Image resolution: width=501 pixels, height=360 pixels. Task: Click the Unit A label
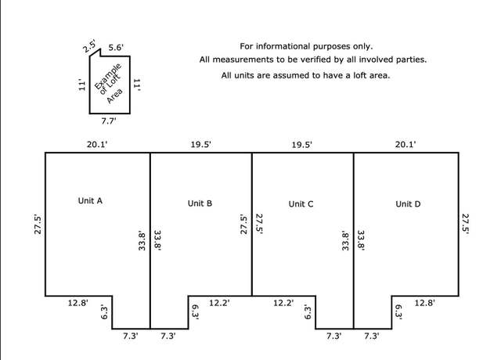click(90, 200)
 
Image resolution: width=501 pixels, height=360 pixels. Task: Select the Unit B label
click(200, 203)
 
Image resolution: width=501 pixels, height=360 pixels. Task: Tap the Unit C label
click(301, 204)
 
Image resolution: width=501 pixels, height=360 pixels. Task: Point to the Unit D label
click(408, 204)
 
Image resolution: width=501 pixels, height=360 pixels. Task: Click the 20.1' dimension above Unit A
click(97, 144)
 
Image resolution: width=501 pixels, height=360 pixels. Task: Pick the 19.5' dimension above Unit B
click(200, 144)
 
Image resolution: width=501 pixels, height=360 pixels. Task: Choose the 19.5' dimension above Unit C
click(301, 145)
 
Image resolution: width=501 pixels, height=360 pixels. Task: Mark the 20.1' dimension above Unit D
click(405, 144)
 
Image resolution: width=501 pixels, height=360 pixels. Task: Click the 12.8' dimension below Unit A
click(77, 303)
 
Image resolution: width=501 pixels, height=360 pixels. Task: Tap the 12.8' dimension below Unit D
click(424, 303)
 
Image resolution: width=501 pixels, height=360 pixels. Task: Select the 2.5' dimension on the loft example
click(89, 46)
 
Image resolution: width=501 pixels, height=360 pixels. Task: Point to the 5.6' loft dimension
click(116, 48)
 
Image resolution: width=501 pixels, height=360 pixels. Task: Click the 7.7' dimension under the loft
click(109, 121)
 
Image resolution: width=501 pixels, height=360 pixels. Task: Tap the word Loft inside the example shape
click(110, 84)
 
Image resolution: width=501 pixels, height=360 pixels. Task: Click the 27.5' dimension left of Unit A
click(38, 225)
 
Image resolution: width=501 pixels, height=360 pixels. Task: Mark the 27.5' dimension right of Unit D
click(465, 225)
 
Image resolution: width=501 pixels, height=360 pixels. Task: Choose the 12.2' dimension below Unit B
click(219, 303)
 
